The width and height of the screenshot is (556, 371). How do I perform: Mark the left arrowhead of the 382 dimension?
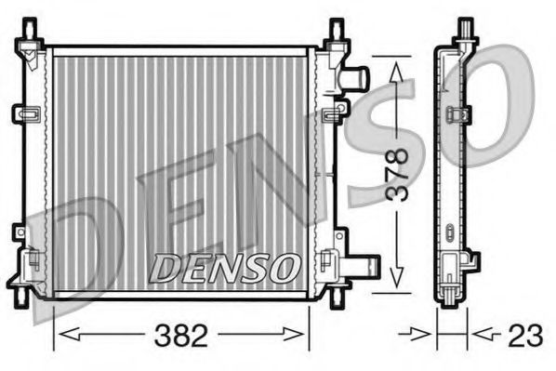(62, 334)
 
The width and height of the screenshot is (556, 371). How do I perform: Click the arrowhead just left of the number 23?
(429, 333)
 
